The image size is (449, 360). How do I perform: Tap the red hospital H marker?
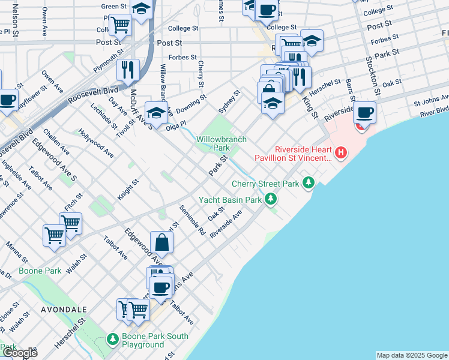click(x=341, y=153)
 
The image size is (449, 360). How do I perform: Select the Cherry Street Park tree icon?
click(x=309, y=182)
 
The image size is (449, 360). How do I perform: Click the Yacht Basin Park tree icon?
click(x=271, y=198)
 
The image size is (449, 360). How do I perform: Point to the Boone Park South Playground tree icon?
click(x=112, y=340)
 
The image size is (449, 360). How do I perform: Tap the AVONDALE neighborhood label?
click(x=64, y=310)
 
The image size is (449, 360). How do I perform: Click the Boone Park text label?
click(x=40, y=271)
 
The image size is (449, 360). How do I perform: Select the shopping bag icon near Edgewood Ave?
click(x=161, y=243)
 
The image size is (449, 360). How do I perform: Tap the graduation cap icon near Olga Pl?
click(x=156, y=113)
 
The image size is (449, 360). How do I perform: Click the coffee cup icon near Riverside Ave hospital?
click(x=364, y=112)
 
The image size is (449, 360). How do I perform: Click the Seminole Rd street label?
click(x=193, y=220)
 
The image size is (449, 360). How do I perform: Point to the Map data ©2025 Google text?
click(x=411, y=355)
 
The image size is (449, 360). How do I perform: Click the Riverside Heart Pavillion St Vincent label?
click(x=303, y=154)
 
